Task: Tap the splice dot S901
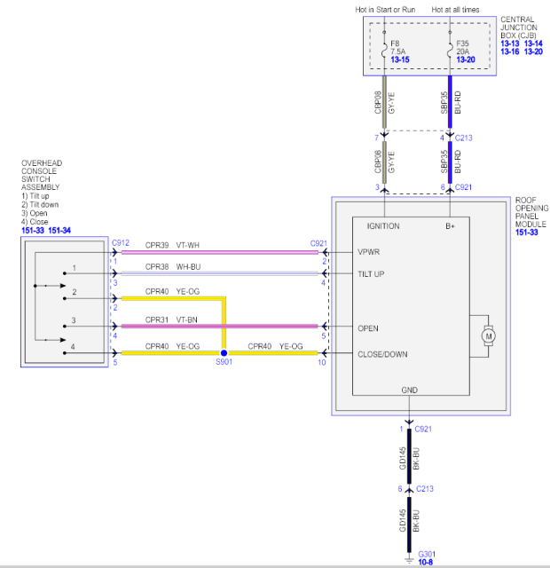coord(224,353)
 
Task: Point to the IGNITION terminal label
coord(382,226)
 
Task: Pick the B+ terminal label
coord(451,226)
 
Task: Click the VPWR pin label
coord(368,252)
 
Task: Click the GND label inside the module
coord(409,389)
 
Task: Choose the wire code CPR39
coord(157,243)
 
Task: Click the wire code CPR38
coord(157,266)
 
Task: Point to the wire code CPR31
coord(157,320)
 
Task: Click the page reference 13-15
coord(401,59)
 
